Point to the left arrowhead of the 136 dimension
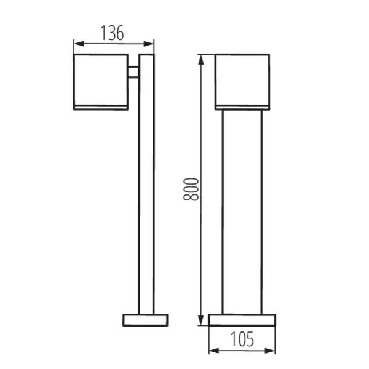76,43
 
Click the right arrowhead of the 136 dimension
151,43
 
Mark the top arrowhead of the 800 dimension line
200,58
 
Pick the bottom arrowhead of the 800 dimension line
200,321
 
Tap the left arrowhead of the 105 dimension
212,351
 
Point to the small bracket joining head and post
133,71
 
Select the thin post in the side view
146,184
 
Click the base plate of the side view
145,320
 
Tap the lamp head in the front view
242,80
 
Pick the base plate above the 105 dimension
242,320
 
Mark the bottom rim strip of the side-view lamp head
101,108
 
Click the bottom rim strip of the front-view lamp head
242,108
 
